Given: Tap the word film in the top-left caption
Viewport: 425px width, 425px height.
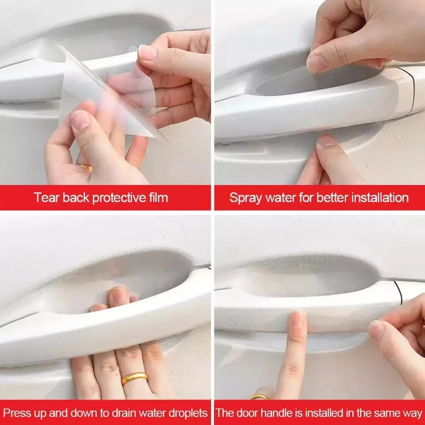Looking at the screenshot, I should coord(157,197).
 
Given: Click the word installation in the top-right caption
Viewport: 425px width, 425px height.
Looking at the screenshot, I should coord(380,197).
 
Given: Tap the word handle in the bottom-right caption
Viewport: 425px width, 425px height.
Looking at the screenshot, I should coord(271,413).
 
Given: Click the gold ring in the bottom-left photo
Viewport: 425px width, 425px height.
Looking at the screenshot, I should coord(134,378).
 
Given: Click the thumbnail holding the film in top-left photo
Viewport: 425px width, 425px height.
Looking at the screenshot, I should coord(147,53).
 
